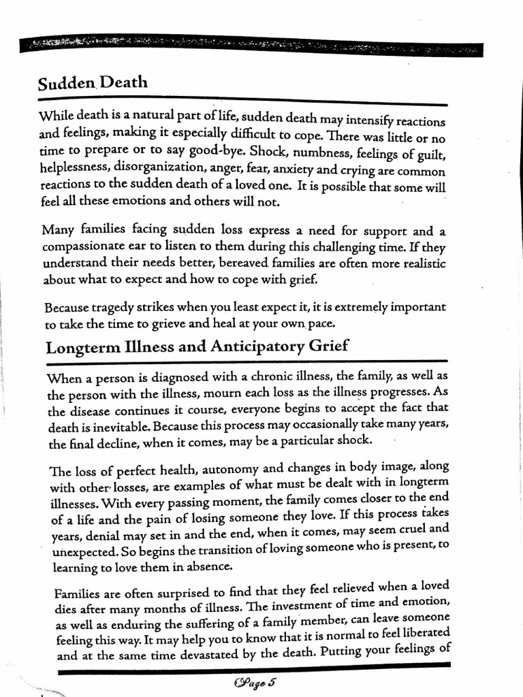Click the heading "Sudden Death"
(x=93, y=84)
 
